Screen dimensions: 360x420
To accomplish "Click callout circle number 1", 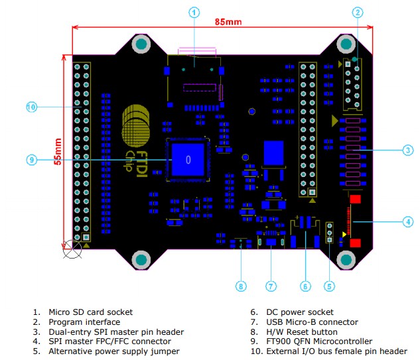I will [194, 13].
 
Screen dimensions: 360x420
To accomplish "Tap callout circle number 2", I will [358, 13].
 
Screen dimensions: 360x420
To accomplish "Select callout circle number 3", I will [407, 150].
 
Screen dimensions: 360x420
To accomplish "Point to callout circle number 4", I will [407, 222].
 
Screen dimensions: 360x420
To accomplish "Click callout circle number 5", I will [329, 286].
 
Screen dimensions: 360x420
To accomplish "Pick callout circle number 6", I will [305, 286].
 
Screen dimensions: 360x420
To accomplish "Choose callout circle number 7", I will [270, 286].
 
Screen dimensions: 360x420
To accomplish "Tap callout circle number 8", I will [241, 286].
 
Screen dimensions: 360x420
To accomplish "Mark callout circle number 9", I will [31, 160].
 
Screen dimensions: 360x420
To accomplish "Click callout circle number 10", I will [31, 106].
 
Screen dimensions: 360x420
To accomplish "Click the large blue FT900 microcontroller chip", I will [188, 160].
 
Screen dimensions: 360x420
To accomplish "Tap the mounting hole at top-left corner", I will [141, 44].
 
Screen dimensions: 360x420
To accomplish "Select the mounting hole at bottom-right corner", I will [346, 259].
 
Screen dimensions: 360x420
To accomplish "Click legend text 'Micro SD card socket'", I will [91, 312].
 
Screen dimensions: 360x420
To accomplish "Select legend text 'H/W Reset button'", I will [301, 331].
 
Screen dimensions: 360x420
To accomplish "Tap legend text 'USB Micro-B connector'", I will [310, 322].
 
